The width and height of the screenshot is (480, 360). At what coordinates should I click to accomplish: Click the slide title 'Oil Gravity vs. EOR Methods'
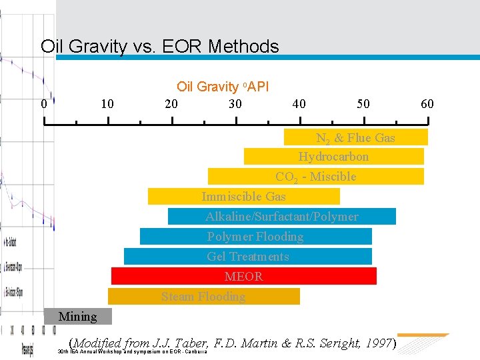click(x=159, y=47)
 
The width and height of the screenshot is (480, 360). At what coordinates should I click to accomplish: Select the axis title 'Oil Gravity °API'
click(x=222, y=87)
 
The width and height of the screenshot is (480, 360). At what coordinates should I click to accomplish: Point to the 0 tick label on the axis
click(x=44, y=104)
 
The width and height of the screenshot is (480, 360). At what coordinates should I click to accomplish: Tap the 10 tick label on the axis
click(x=107, y=104)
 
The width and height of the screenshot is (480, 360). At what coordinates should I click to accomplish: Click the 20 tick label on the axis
click(x=171, y=104)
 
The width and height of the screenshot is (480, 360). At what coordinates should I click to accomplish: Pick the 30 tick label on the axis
click(x=235, y=104)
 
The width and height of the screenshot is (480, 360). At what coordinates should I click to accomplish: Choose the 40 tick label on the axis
click(x=299, y=104)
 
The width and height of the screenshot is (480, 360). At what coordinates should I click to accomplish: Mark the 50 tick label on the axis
click(x=363, y=104)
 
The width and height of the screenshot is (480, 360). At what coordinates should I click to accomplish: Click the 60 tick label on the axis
click(x=427, y=104)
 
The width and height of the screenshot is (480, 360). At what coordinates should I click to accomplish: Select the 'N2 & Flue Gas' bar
click(x=355, y=137)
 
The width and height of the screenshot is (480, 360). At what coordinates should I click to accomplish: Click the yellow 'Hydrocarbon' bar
click(x=333, y=157)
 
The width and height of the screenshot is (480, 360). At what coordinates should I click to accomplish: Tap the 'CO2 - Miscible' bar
click(x=315, y=177)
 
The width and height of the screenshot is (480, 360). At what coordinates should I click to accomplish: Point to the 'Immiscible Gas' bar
click(x=243, y=197)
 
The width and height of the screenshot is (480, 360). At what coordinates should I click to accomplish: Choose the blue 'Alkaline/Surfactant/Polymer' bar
click(x=281, y=217)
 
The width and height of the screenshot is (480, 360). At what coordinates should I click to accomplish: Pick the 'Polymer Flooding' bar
click(x=255, y=237)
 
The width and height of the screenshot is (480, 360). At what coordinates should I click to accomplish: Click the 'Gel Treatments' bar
click(x=247, y=257)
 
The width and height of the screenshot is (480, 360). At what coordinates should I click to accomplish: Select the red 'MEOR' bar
click(x=243, y=276)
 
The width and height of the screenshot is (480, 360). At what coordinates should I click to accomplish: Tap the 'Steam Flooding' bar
click(x=203, y=296)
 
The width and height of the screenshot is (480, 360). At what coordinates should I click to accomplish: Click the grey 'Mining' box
click(x=78, y=317)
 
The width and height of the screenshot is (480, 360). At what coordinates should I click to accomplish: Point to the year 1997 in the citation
click(x=378, y=343)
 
